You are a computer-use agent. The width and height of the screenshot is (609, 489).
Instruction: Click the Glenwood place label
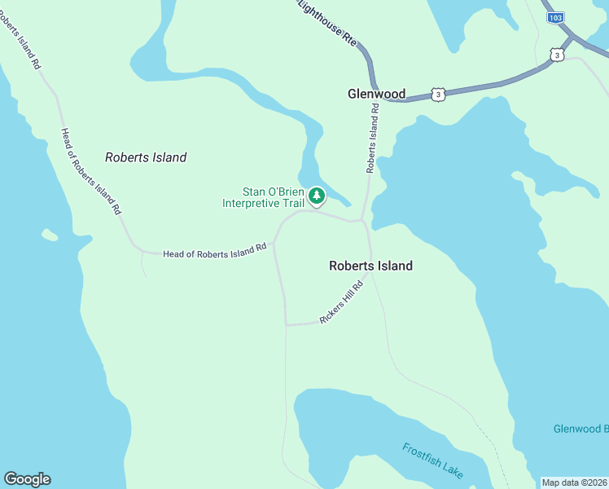(376, 94)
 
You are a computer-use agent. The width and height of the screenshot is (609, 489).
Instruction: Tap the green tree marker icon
(316, 196)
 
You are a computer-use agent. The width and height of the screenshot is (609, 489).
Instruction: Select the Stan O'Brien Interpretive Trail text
(263, 197)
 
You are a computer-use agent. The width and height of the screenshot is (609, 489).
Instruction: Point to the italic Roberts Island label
(146, 157)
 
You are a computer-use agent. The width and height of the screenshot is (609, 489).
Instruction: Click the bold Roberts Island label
(370, 266)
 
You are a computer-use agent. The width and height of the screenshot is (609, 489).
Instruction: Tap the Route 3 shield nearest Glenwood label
(438, 95)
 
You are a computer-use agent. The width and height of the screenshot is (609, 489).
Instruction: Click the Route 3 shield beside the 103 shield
(556, 54)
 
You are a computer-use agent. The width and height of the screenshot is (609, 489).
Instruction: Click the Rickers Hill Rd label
(341, 303)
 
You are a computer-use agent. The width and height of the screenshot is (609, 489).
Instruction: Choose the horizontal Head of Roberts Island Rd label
(215, 253)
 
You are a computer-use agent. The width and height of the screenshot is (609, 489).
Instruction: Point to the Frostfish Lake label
(432, 460)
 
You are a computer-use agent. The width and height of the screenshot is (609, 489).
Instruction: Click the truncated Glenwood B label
(581, 429)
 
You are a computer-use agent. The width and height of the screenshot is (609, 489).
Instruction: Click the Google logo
(27, 478)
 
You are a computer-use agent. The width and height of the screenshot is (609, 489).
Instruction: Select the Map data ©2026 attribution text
(574, 482)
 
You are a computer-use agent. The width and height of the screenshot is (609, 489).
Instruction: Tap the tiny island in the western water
(50, 236)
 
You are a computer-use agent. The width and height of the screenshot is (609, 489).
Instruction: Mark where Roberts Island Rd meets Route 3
(375, 91)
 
